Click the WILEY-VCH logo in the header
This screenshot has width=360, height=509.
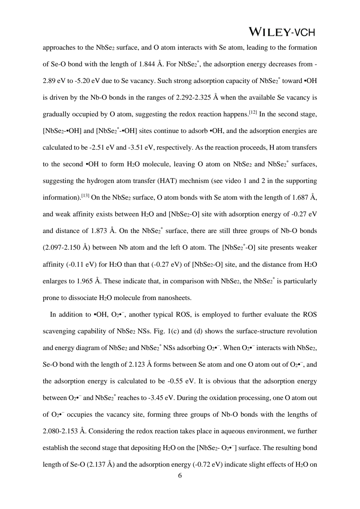tap(282, 32)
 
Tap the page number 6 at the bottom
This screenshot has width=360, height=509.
tap(180, 476)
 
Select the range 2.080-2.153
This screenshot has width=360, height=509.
tap(60, 431)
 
